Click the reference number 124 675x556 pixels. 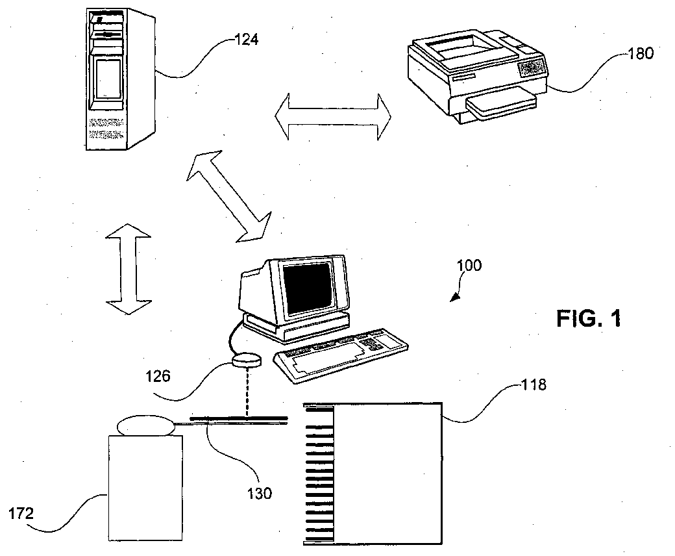pyautogui.click(x=246, y=40)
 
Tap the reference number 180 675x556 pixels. pyautogui.click(x=641, y=53)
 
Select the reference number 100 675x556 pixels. pyautogui.click(x=469, y=265)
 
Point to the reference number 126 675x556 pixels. pyautogui.click(x=158, y=377)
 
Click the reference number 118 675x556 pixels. pyautogui.click(x=534, y=384)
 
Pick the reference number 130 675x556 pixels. pyautogui.click(x=259, y=493)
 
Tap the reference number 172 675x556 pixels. pyautogui.click(x=21, y=513)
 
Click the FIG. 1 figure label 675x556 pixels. pyautogui.click(x=589, y=319)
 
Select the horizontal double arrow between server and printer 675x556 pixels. pyautogui.click(x=333, y=116)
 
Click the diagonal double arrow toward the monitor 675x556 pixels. pyautogui.click(x=229, y=196)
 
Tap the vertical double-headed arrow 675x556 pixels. pyautogui.click(x=129, y=269)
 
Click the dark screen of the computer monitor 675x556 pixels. pyautogui.click(x=308, y=288)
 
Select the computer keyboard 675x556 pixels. pyautogui.click(x=341, y=355)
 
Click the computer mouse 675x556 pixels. pyautogui.click(x=247, y=360)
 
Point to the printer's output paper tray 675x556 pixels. pyautogui.click(x=502, y=103)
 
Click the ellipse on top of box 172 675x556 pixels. pyautogui.click(x=146, y=425)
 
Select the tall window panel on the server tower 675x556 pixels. pyautogui.click(x=108, y=79)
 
